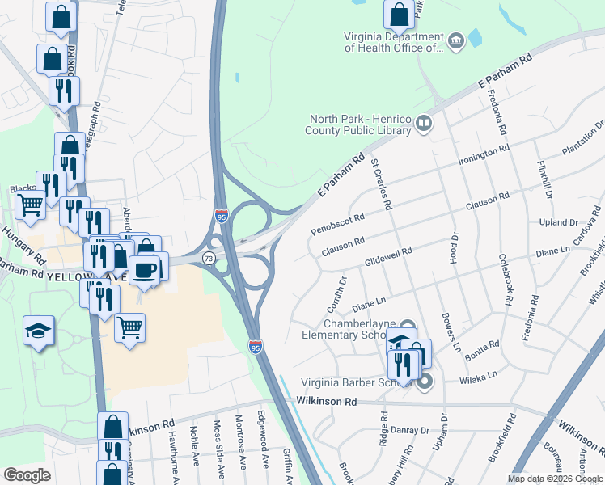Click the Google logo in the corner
coord(27,475)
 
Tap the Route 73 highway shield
coord(209,258)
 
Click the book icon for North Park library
coord(425,124)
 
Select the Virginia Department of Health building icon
coord(455,40)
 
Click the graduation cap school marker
coord(39,331)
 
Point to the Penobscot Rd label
coord(338,224)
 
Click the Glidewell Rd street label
coord(388,256)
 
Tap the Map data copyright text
coord(553,479)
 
